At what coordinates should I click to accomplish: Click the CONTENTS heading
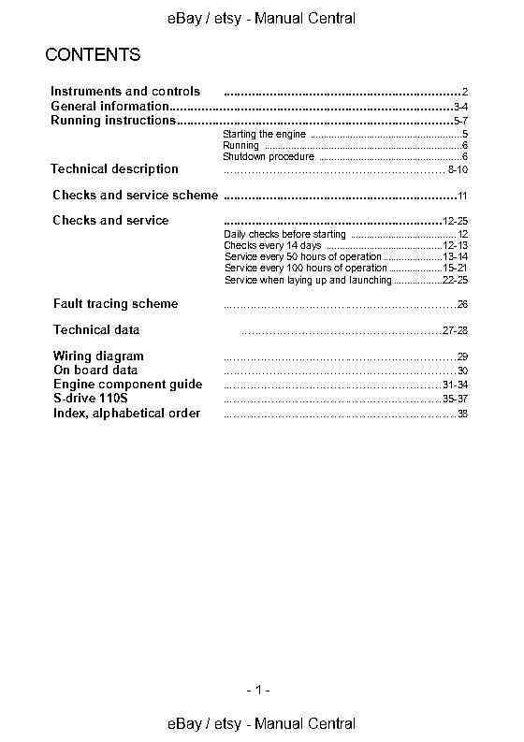[93, 55]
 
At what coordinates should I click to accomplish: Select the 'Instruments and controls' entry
[124, 92]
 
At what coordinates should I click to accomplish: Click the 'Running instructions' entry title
[113, 121]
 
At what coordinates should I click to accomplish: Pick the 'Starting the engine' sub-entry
[257, 136]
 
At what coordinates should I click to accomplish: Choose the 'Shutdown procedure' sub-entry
[268, 157]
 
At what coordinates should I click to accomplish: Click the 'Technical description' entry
[114, 169]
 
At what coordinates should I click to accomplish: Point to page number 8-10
[458, 170]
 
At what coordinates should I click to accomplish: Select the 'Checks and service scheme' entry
[135, 196]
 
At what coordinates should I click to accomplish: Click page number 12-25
[455, 221]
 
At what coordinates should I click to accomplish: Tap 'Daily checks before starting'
[285, 234]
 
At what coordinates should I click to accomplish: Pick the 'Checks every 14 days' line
[272, 245]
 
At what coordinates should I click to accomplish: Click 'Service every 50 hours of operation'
[303, 256]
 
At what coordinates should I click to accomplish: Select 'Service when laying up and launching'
[308, 280]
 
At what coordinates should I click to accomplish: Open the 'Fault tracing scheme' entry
[115, 304]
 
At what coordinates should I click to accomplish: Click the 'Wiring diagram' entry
[98, 356]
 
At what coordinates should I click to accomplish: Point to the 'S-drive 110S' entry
[91, 399]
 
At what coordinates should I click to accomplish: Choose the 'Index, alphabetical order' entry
[126, 413]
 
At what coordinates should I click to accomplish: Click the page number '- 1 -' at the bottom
[258, 691]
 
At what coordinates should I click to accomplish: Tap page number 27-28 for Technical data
[455, 331]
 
